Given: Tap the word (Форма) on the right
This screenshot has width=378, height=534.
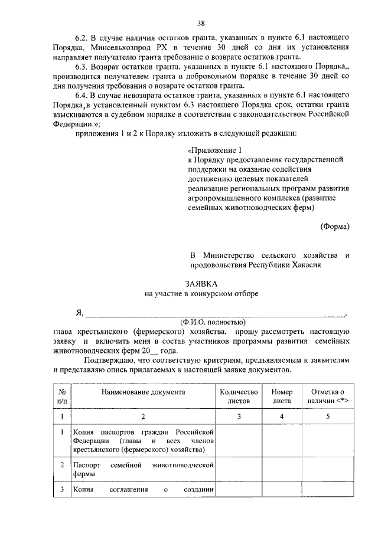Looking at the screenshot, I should (334, 226).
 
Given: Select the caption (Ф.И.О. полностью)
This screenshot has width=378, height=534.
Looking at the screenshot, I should (213, 322).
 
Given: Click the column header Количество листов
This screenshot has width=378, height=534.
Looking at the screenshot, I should (239, 396).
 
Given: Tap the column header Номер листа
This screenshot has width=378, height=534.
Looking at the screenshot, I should (282, 396).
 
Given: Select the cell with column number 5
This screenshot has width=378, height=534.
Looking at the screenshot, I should (325, 417).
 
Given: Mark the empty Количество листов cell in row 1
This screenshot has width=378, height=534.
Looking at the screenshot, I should (239, 441).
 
